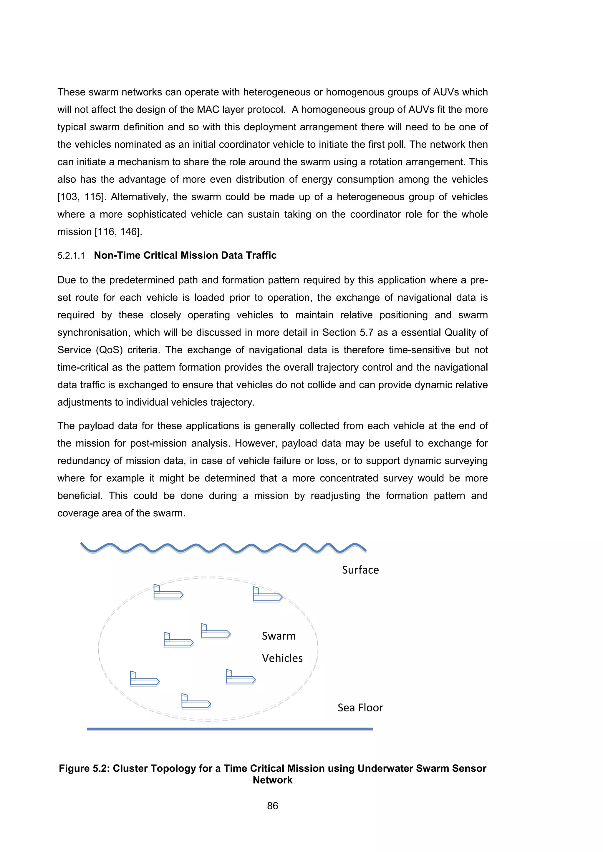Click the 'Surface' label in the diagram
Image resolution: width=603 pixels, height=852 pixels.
(x=360, y=570)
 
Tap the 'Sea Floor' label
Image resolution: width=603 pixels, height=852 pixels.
(x=360, y=708)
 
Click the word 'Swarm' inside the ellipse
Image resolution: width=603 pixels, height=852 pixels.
(x=279, y=636)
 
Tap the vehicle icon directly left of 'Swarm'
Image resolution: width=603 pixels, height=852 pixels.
(x=215, y=631)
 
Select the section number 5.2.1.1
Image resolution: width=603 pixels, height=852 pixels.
(x=71, y=256)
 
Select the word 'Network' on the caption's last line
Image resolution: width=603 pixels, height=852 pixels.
(x=273, y=780)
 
